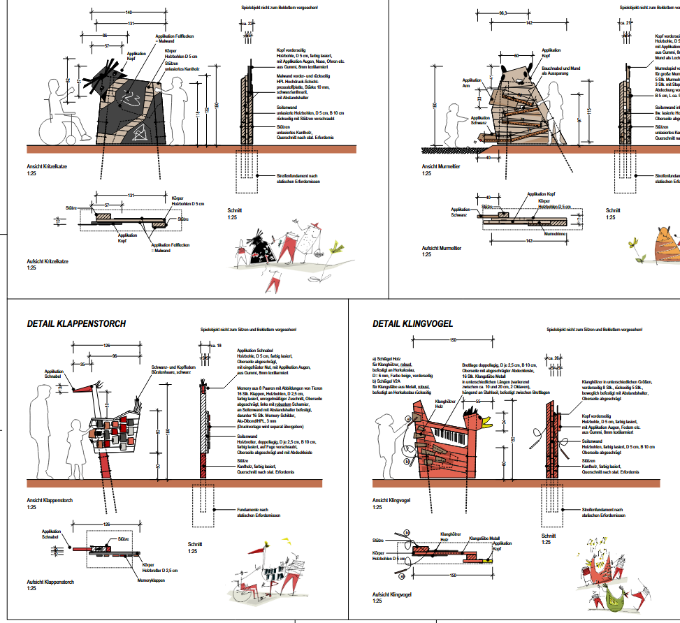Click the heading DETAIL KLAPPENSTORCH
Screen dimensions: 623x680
click(x=76, y=323)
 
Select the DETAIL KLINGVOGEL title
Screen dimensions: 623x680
click(x=413, y=323)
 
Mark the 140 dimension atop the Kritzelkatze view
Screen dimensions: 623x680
click(x=129, y=13)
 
